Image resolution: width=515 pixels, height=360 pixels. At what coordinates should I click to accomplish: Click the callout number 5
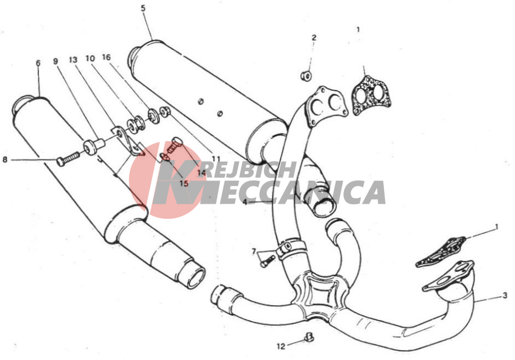[143, 8]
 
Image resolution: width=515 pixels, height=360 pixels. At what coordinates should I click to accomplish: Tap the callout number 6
[38, 63]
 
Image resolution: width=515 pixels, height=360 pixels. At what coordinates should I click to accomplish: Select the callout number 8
[4, 160]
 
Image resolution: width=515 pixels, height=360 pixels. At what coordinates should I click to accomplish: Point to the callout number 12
[281, 346]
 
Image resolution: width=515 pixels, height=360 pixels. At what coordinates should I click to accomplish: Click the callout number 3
[505, 296]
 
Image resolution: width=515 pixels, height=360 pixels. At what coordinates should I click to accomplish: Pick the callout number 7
[254, 251]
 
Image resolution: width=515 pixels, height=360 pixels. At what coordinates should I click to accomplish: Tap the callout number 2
[314, 38]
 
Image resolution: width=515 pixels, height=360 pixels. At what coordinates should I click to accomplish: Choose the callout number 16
[106, 57]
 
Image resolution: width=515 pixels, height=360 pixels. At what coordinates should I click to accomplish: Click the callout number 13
[73, 60]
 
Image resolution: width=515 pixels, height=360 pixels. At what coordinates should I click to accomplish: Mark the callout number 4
[245, 202]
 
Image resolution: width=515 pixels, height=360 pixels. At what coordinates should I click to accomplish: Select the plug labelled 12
[309, 337]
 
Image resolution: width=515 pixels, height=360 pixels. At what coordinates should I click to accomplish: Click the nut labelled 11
[165, 112]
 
